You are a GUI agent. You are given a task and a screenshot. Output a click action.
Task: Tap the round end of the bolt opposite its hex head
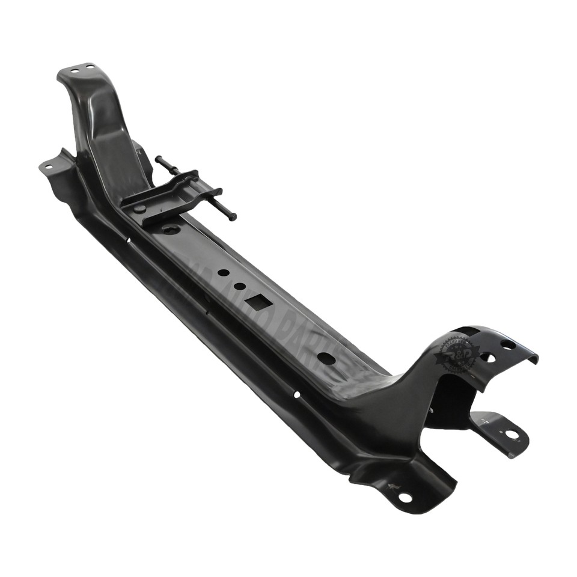tap(157, 159)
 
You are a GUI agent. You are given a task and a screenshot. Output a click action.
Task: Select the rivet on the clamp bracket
tap(139, 209)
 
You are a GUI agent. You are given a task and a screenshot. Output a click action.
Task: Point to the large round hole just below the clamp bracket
tap(171, 230)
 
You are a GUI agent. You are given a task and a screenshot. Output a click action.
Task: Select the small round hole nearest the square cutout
tap(239, 286)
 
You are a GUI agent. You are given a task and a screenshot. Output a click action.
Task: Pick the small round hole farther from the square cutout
tap(223, 272)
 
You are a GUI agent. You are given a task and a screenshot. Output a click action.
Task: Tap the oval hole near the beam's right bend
tap(326, 358)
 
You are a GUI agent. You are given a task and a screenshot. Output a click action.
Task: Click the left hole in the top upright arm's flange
tap(73, 71)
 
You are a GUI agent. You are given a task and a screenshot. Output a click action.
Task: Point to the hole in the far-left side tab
tap(48, 166)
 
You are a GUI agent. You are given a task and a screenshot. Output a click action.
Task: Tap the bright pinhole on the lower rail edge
tap(296, 394)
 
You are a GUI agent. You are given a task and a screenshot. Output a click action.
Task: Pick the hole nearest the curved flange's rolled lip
tap(508, 344)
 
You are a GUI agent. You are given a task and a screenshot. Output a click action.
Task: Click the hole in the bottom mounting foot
tap(405, 497)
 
